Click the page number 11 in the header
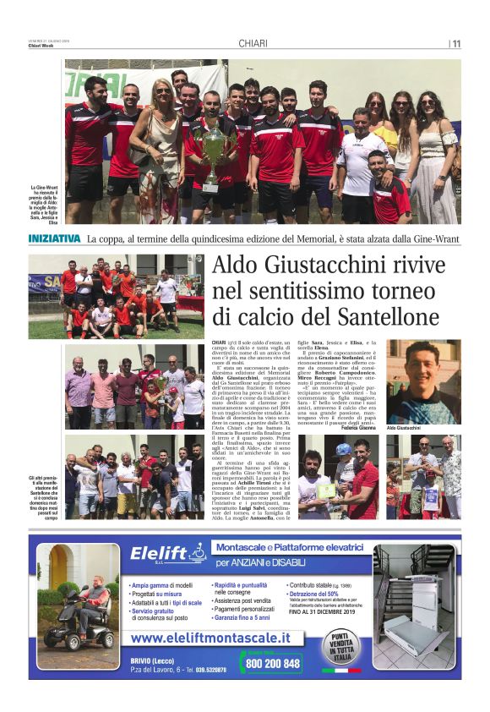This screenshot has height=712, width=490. (x=455, y=45)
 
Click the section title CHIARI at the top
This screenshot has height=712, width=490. (x=253, y=44)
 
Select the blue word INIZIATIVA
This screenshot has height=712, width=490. (x=54, y=238)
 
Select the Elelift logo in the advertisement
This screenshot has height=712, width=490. (x=168, y=555)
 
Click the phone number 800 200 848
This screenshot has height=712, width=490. (x=270, y=664)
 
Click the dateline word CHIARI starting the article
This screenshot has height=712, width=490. (x=219, y=338)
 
